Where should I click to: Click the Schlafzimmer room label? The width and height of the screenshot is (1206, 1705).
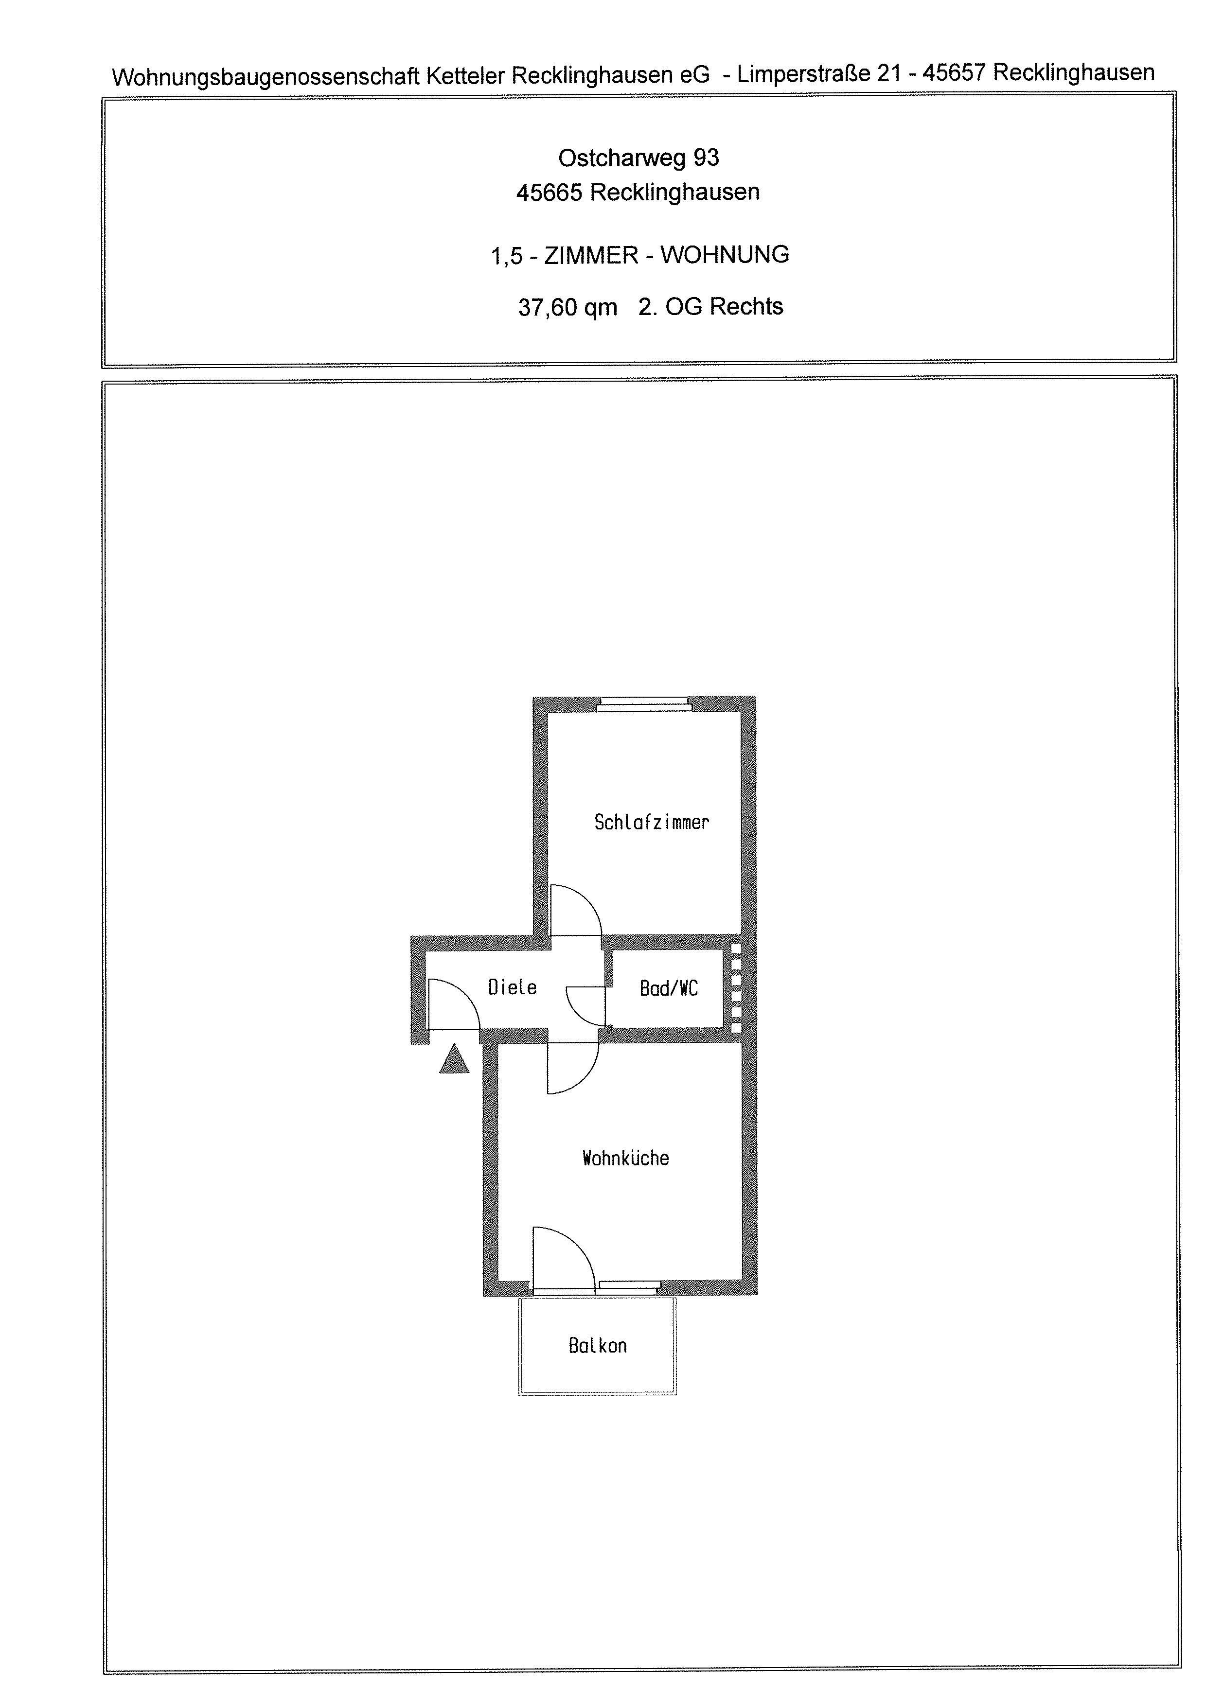point(651,822)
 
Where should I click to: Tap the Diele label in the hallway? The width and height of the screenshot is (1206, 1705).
point(513,987)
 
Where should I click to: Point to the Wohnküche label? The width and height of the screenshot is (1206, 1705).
point(625,1158)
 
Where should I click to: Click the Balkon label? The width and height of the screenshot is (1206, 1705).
point(598,1346)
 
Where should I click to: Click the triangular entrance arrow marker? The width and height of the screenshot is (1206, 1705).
point(455,1060)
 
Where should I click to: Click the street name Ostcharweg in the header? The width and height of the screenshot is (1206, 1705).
point(621,158)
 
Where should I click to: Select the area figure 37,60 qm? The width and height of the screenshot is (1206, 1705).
point(568,307)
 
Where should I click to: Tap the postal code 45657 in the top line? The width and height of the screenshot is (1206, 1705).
point(954,73)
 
